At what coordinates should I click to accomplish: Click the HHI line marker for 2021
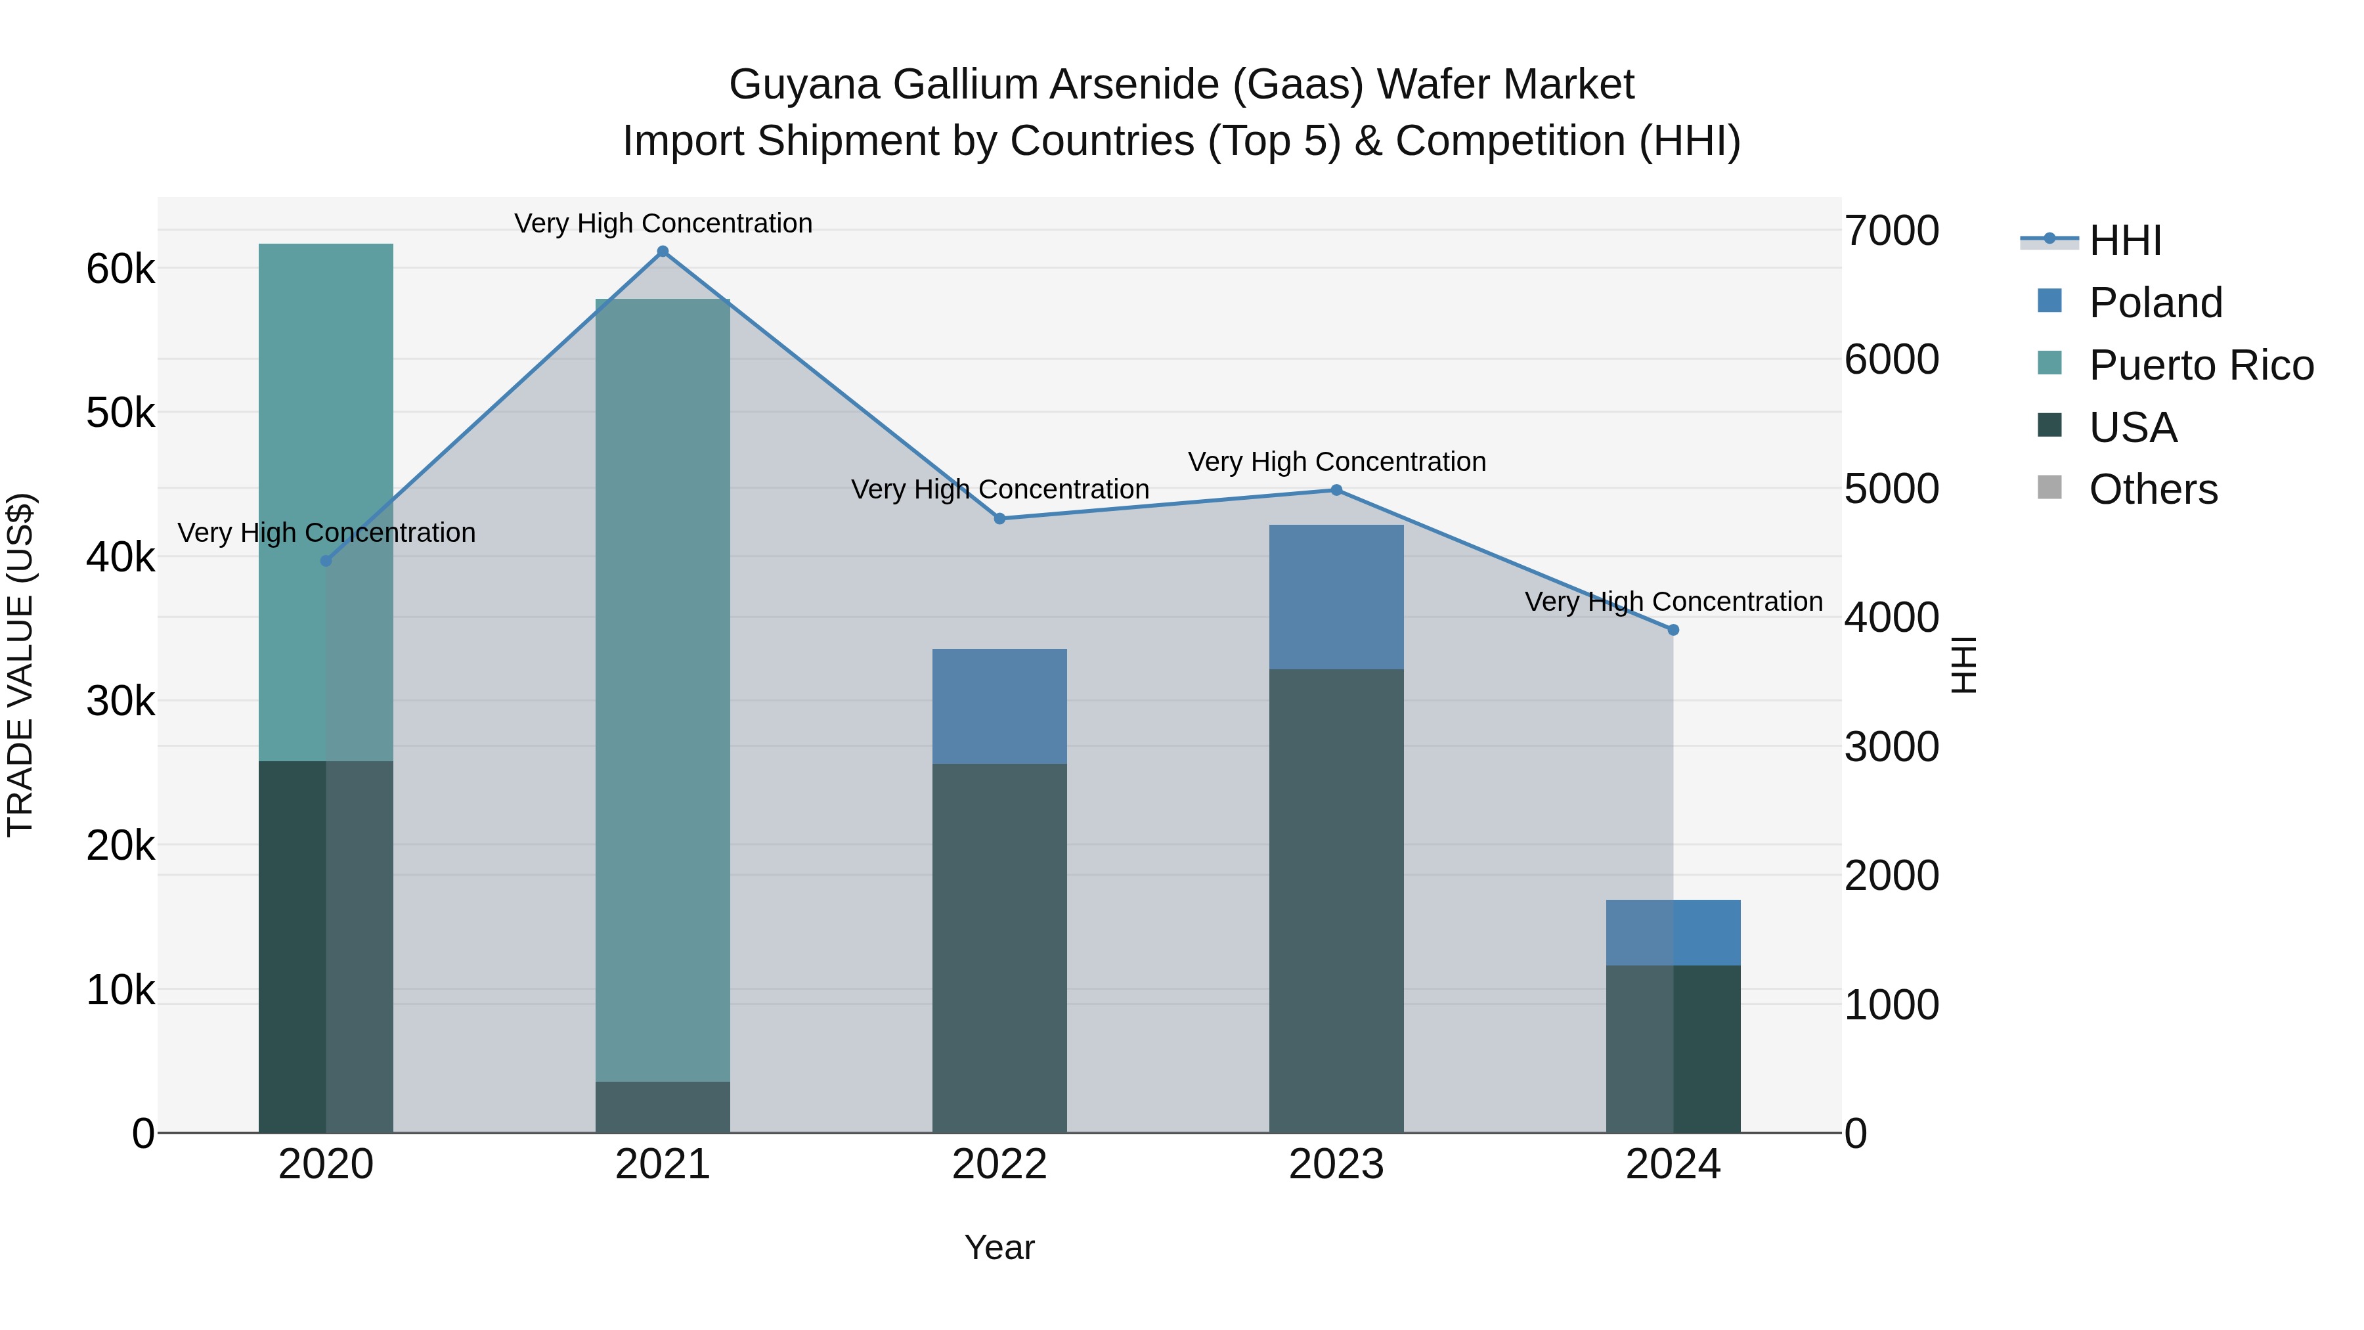pos(663,252)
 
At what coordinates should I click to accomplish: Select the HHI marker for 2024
pos(1673,631)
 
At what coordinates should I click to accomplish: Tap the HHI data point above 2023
pos(1336,490)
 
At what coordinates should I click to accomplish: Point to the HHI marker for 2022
pos(999,519)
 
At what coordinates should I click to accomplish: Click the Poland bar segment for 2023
pos(1336,596)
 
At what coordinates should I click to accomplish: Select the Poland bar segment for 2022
pos(999,706)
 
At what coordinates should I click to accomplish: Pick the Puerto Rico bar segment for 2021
pos(663,688)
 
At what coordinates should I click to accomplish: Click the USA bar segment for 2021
pos(663,1107)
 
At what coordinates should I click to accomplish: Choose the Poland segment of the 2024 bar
pos(1673,933)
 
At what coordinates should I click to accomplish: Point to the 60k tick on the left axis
pos(120,270)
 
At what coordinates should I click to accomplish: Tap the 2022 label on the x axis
pos(999,1164)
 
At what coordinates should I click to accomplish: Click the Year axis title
pos(999,1247)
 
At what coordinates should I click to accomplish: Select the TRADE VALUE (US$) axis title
pos(20,665)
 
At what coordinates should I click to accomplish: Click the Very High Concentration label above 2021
pos(663,223)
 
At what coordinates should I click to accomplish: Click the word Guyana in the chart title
pos(804,85)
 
